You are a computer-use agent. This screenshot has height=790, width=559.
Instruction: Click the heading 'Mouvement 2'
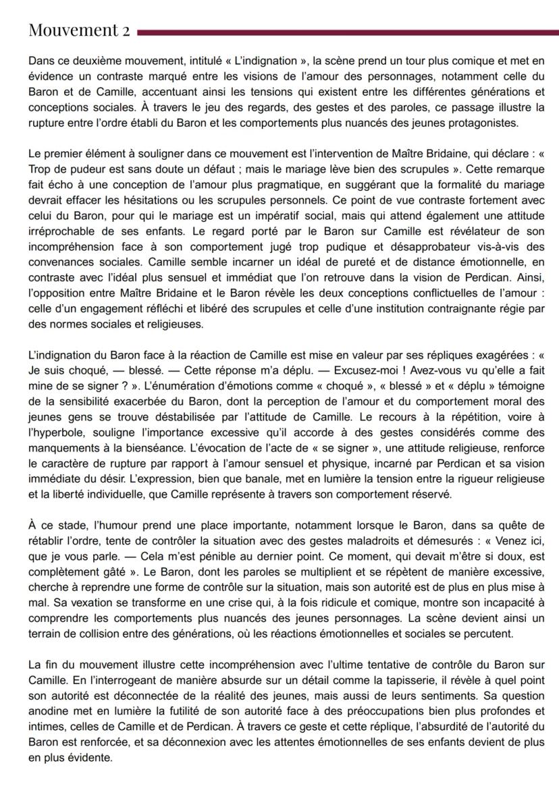pyautogui.click(x=80, y=30)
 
